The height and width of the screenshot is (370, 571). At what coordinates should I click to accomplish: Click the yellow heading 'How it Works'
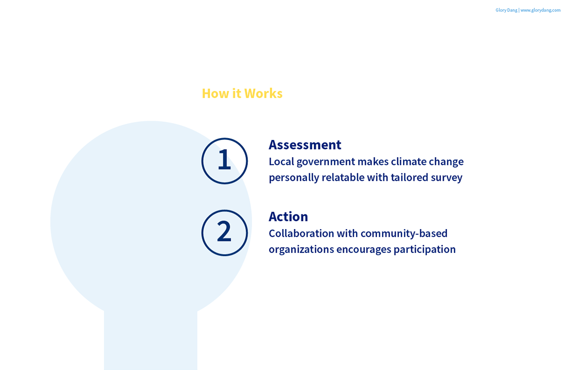[242, 93]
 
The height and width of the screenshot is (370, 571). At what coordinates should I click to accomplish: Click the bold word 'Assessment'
[305, 145]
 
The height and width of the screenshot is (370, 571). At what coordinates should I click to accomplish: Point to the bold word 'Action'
[288, 216]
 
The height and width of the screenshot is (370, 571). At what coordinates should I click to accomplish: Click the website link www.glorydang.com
[541, 10]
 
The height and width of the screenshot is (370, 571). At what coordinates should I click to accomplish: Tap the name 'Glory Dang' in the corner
[506, 10]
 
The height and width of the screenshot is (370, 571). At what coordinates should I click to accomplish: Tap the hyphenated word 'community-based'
[404, 234]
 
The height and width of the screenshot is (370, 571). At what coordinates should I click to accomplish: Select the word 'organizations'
[301, 250]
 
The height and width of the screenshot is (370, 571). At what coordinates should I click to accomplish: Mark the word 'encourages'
[364, 250]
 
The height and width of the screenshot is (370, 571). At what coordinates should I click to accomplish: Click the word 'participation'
[424, 250]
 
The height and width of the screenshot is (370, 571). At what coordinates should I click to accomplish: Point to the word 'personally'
[294, 178]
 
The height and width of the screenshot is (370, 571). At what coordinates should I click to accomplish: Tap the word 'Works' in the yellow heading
[264, 93]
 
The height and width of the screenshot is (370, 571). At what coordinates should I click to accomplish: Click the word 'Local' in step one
[281, 161]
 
